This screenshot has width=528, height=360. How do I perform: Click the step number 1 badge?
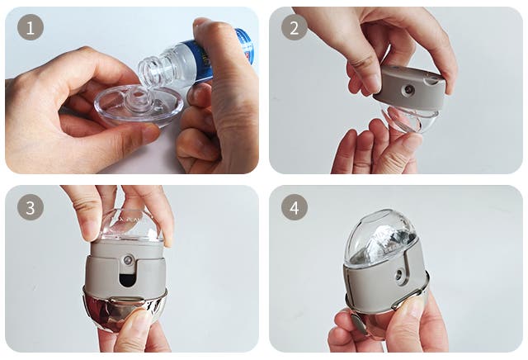[31, 27]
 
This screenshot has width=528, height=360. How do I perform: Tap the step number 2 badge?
[295, 27]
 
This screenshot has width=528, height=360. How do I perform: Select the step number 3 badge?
[31, 207]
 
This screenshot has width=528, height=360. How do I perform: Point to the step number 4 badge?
[295, 207]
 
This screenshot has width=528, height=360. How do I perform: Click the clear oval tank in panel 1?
[139, 106]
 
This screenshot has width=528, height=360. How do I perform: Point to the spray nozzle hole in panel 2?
[409, 89]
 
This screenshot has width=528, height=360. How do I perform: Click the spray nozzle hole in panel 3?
[128, 260]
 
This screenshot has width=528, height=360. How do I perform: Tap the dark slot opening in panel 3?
[126, 280]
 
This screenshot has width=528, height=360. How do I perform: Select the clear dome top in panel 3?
[130, 225]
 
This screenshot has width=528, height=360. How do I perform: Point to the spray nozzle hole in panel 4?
[399, 273]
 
